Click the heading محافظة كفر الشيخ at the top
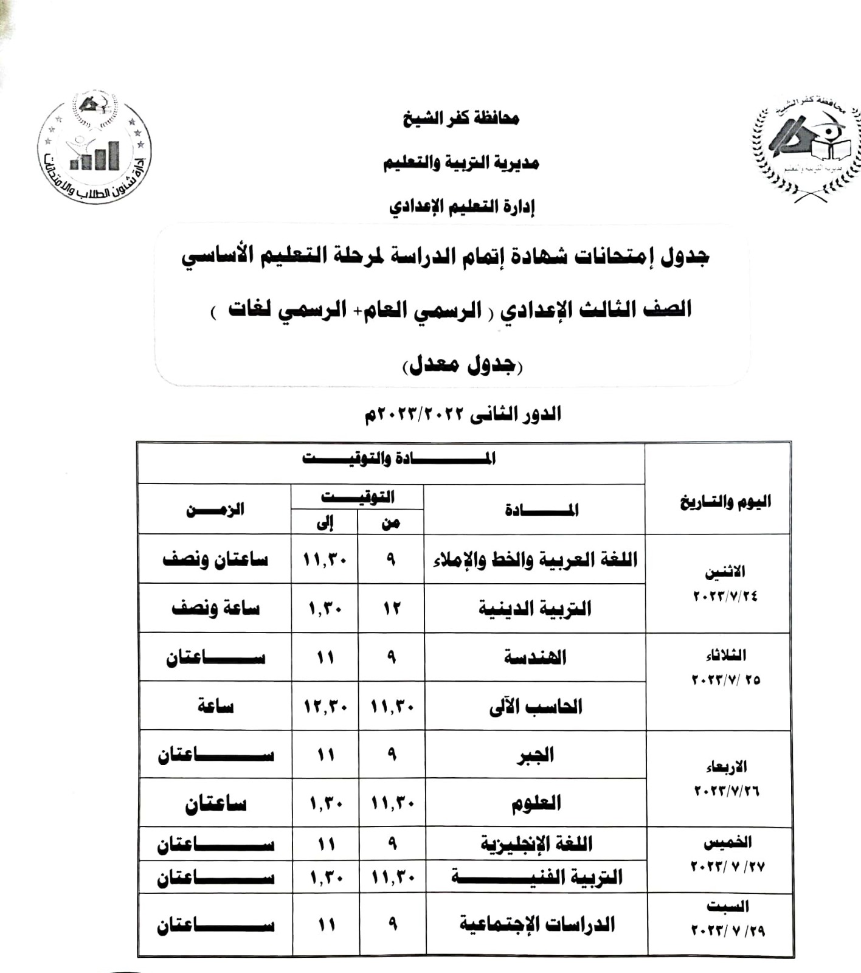461,118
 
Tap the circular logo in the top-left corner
94,148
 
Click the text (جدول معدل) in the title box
462,365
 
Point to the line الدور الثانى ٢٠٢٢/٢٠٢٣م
462,415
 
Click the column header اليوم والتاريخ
725,502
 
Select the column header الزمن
215,509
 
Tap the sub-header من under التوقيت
390,523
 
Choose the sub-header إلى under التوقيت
325,523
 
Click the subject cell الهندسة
535,657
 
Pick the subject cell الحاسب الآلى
535,707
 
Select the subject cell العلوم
535,803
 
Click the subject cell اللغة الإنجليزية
536,843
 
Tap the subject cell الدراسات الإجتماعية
536,925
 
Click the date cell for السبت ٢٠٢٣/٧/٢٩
727,919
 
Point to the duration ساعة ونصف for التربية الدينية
215,608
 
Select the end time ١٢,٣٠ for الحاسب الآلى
325,707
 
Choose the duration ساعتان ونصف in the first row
215,559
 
